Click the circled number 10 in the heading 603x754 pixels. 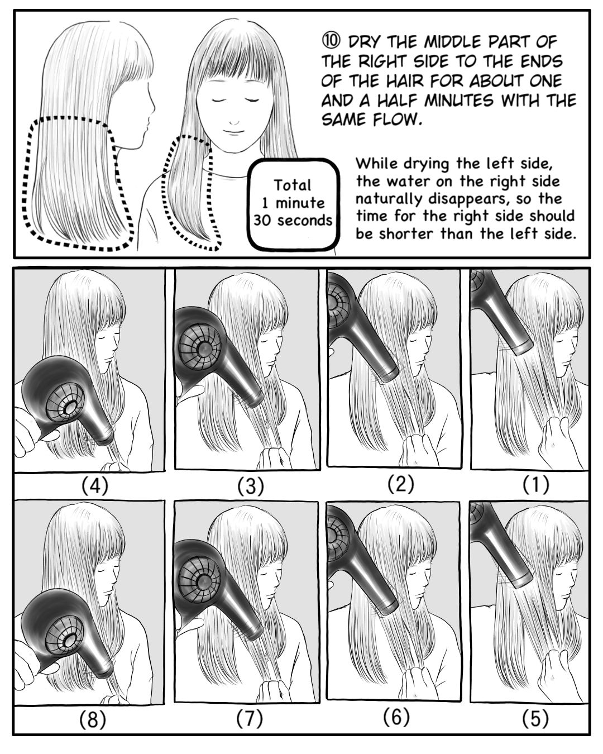pos(331,42)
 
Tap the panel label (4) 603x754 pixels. pos(94,486)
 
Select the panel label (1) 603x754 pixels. pos(536,485)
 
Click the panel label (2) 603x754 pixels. pos(401,484)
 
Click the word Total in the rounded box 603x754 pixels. pos(292,185)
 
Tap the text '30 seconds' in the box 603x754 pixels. pos(293,221)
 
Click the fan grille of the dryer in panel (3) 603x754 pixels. pos(200,347)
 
